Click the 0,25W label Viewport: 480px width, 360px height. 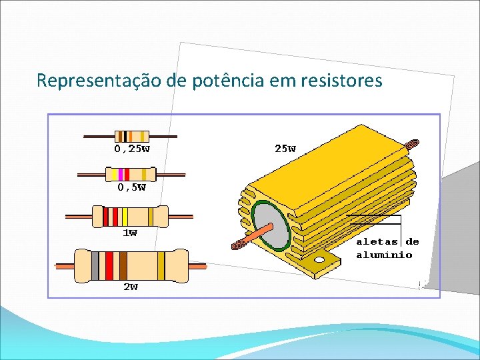pyautogui.click(x=132, y=149)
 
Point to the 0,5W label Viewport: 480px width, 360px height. pyautogui.click(x=131, y=187)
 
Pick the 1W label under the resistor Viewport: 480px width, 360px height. pyautogui.click(x=129, y=233)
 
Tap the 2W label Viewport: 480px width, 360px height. pyautogui.click(x=131, y=287)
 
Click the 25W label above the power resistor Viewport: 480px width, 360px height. pyautogui.click(x=285, y=149)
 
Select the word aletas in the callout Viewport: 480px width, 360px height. pyautogui.click(x=377, y=242)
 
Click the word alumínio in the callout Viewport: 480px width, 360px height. pyautogui.click(x=384, y=255)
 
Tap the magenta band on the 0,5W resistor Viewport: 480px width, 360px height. pyautogui.click(x=121, y=175)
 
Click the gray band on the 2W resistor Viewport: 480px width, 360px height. pyautogui.click(x=95, y=265)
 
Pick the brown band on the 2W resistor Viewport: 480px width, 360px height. pyautogui.click(x=123, y=265)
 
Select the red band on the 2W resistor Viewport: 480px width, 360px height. pyautogui.click(x=109, y=265)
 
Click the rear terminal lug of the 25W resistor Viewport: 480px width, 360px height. pyautogui.click(x=411, y=142)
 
